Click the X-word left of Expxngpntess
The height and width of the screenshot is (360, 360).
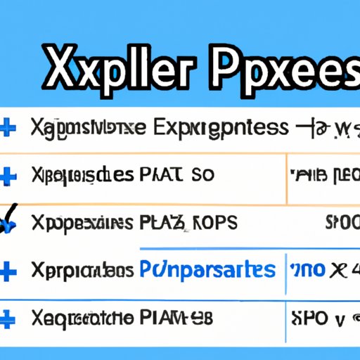click(88, 128)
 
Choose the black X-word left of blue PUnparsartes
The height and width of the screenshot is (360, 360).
click(82, 269)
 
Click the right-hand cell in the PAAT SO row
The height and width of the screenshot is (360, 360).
click(323, 175)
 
